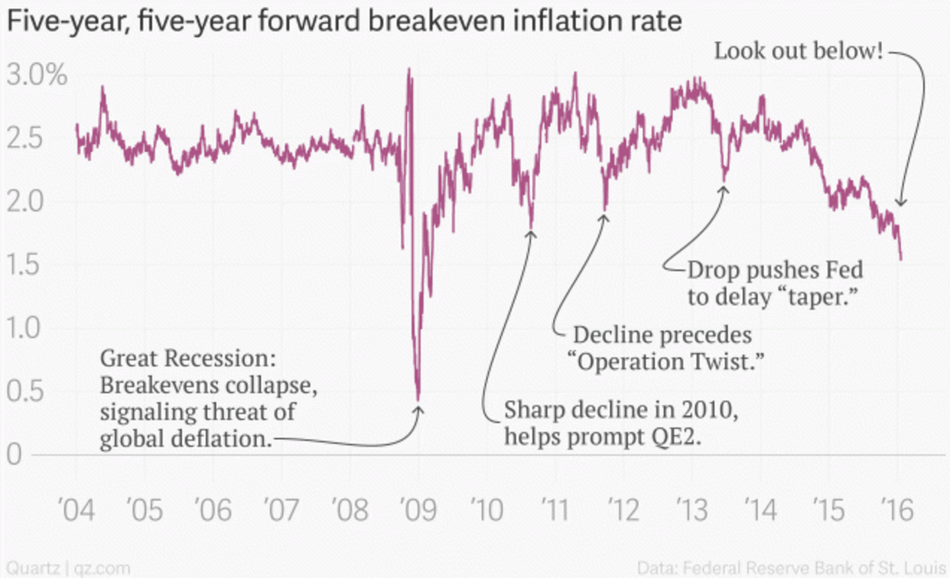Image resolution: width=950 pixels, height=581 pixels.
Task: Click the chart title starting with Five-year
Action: (343, 21)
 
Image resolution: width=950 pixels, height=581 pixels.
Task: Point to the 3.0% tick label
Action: (37, 76)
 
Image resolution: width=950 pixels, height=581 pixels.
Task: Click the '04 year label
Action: (76, 510)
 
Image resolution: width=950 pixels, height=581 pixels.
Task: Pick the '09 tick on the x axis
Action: (418, 510)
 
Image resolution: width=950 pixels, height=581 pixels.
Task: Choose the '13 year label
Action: (692, 510)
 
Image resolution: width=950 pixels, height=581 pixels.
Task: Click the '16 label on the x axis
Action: (897, 510)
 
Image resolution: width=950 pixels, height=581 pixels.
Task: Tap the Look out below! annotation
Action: (799, 52)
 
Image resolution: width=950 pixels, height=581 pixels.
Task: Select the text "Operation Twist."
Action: (669, 361)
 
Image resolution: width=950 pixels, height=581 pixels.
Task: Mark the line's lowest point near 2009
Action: (418, 398)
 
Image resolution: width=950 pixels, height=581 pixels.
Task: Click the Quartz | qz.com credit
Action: (68, 568)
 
